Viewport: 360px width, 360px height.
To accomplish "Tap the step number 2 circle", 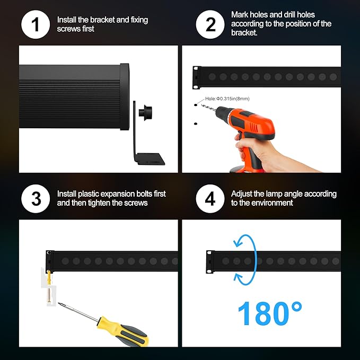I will click(210, 24).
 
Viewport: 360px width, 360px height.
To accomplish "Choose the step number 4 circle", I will click(210, 199).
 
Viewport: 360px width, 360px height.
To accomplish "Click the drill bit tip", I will click(205, 106).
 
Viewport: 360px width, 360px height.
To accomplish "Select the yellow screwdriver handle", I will click(128, 331).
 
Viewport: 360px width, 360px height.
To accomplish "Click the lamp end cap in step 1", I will click(124, 97).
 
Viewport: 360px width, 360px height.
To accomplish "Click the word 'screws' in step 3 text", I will click(137, 203).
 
